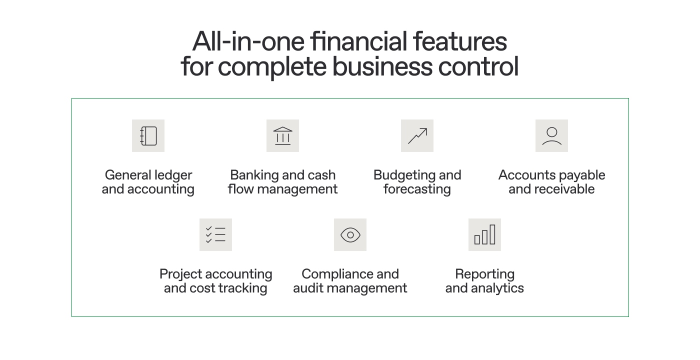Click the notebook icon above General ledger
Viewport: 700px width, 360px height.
pyautogui.click(x=148, y=135)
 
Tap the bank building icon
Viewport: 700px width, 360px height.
pyautogui.click(x=282, y=135)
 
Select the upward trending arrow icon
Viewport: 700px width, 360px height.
pyautogui.click(x=417, y=135)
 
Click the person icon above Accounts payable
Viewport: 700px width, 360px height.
pyautogui.click(x=551, y=135)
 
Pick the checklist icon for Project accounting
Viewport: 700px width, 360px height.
pyautogui.click(x=215, y=234)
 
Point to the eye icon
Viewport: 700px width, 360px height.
pyautogui.click(x=350, y=234)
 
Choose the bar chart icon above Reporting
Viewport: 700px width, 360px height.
pyautogui.click(x=484, y=234)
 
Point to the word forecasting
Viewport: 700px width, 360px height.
pyautogui.click(x=417, y=189)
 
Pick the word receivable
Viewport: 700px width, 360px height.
pyautogui.click(x=564, y=189)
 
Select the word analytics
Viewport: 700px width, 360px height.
pyautogui.click(x=498, y=288)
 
